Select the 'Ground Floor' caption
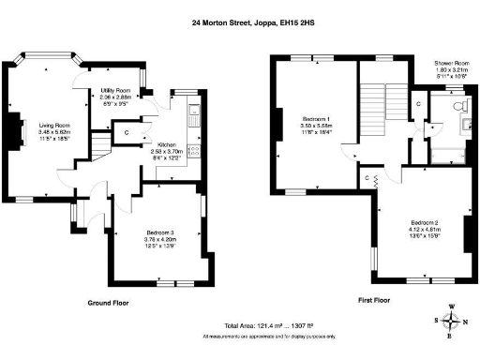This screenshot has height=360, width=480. [108, 303]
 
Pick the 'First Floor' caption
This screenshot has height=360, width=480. [373, 303]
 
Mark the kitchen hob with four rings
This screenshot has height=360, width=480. [195, 151]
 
